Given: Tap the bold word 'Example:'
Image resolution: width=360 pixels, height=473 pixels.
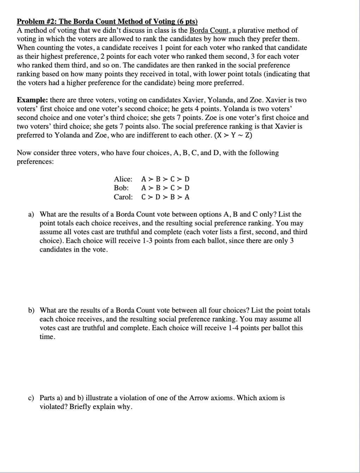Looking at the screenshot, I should [32, 100].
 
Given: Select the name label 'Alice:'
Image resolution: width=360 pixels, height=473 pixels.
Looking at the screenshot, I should [123, 179].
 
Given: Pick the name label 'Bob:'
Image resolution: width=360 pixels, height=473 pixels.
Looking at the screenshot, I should [121, 188].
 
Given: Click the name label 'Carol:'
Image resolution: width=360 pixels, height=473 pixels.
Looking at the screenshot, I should [123, 197].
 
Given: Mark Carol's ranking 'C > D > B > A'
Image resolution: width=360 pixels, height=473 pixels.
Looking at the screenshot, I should [165, 197].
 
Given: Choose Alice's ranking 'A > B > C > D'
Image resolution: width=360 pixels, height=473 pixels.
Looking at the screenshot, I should [165, 179].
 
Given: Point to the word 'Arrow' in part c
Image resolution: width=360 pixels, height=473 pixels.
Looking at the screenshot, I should [199, 398].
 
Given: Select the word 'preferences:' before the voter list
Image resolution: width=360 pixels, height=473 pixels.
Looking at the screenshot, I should [36, 162].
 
